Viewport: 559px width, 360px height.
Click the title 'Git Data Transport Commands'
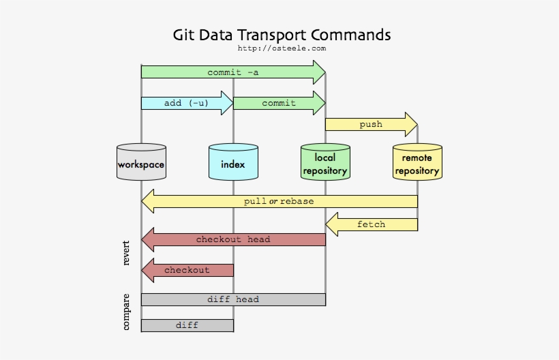[282, 34]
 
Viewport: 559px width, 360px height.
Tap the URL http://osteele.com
[282, 48]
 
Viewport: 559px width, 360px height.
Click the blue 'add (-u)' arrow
[186, 103]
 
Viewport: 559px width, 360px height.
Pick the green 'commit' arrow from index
[279, 103]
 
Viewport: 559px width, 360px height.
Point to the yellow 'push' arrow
[371, 124]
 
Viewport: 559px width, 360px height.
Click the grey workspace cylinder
[141, 162]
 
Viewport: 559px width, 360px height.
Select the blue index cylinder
[233, 162]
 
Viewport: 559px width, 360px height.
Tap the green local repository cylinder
[325, 162]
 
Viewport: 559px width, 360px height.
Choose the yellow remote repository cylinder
[417, 162]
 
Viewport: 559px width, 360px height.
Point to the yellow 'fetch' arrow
[371, 224]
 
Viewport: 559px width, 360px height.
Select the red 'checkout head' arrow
[233, 239]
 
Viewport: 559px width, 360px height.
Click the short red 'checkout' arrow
[187, 270]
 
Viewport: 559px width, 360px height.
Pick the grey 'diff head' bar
[233, 299]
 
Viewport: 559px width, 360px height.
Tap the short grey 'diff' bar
[187, 325]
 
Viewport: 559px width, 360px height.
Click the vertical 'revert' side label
[126, 253]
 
